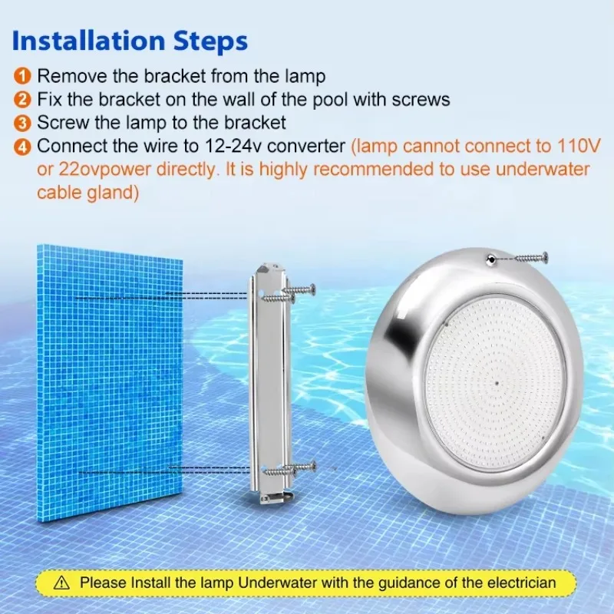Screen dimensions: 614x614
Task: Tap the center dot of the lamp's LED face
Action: (x=497, y=380)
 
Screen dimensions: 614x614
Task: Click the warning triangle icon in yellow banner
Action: (x=64, y=583)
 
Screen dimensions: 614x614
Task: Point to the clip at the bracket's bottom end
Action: (x=274, y=499)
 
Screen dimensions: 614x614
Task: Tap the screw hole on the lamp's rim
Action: (x=489, y=262)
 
